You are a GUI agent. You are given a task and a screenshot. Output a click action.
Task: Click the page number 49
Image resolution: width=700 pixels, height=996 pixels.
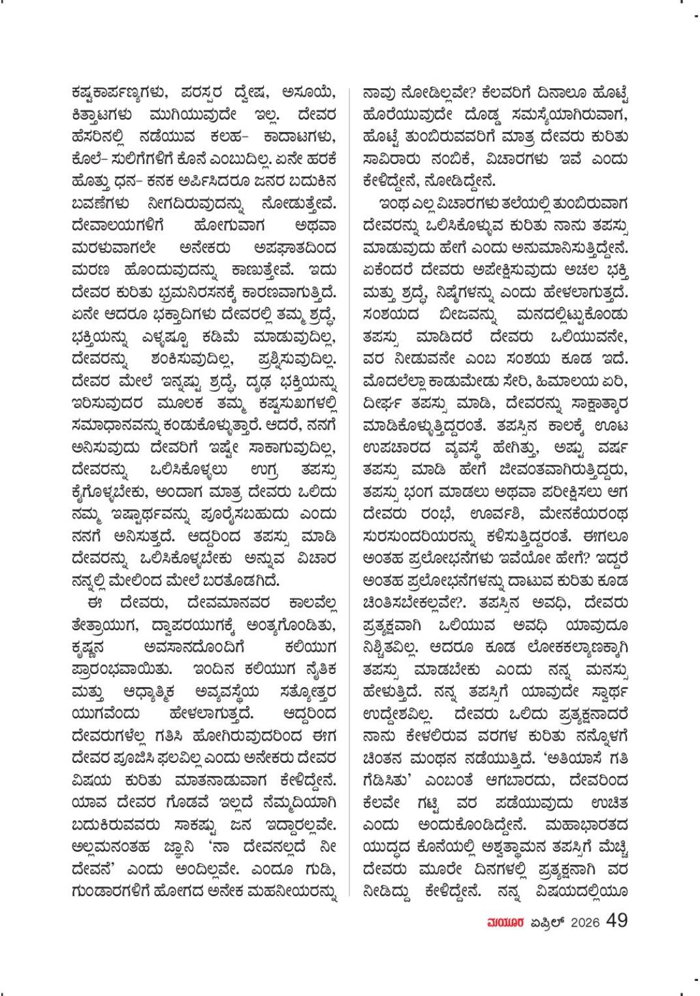click(616, 920)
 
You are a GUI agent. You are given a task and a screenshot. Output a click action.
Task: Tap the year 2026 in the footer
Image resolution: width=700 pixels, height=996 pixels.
click(584, 922)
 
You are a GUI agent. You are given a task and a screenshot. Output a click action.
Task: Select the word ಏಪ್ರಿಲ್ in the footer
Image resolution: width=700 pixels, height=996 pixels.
click(545, 922)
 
